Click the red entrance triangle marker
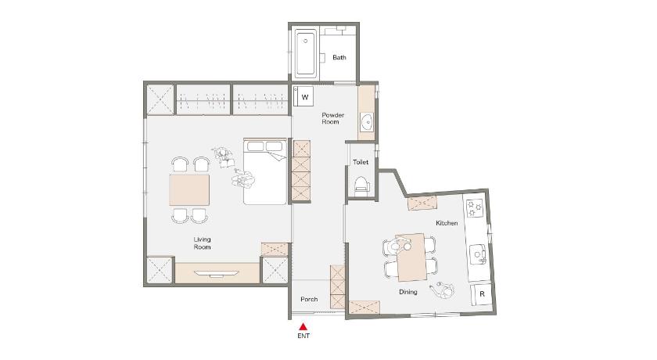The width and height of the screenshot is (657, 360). pos(303,326)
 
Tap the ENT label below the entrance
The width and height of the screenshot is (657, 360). pos(303,336)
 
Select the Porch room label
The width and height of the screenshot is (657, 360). pos(309,299)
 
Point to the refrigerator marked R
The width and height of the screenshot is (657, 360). pos(482,294)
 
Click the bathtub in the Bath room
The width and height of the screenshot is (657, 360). pos(305,53)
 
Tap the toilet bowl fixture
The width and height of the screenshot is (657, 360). pos(361,185)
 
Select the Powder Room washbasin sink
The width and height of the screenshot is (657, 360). pos(368,122)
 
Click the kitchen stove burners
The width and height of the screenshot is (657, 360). pos(475,208)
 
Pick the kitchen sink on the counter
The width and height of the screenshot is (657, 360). pos(477,255)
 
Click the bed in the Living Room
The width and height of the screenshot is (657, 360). pos(265,171)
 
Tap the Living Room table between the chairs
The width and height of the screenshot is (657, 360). pos(189,190)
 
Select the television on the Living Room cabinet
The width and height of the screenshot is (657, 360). pos(217,274)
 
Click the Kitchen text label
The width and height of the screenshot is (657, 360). pos(447,223)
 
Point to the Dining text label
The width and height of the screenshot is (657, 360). pos(408,292)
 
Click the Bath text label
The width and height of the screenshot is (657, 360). pos(339,57)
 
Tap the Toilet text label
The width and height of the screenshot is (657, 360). pos(361,162)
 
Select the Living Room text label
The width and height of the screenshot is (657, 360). pos(202,243)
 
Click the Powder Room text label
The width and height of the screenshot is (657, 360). pos(332,118)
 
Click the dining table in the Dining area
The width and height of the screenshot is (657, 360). pos(412,257)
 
